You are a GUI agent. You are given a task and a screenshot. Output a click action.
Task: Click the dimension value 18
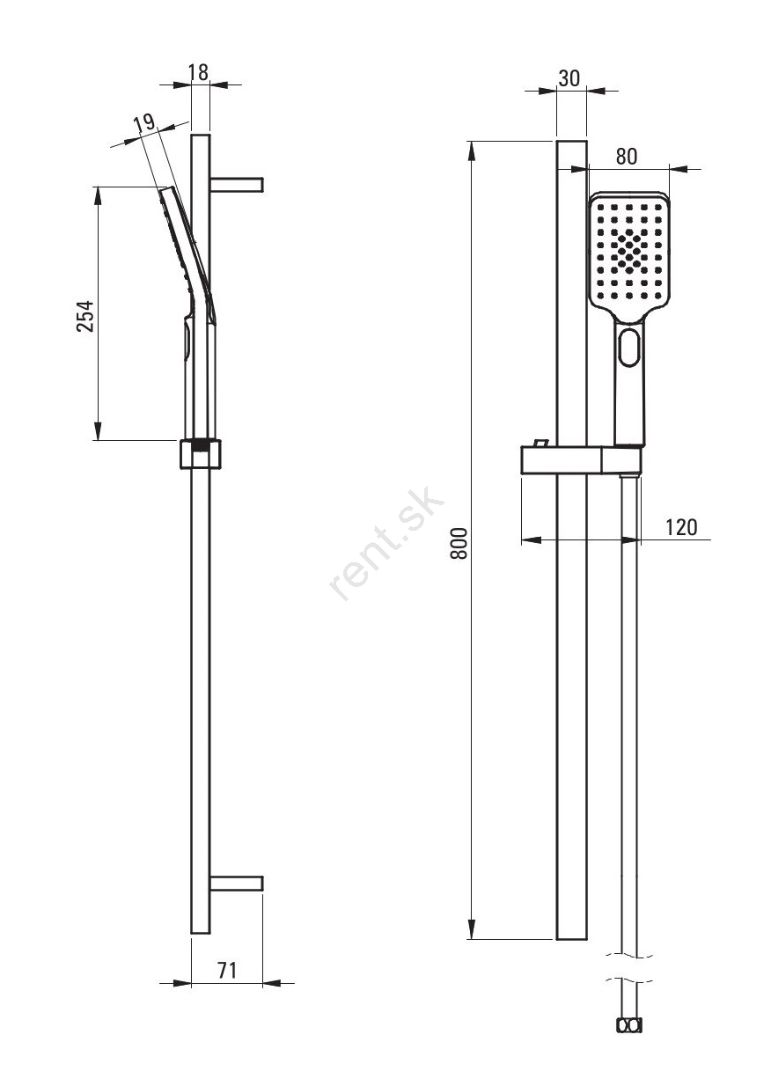point(199,72)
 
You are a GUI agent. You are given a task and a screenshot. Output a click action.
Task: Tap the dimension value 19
point(144,123)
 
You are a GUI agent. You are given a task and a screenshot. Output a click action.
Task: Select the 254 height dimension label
point(85,316)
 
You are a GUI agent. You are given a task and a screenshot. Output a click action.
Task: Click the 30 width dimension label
point(569,78)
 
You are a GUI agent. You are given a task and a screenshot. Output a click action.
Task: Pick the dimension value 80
point(626,156)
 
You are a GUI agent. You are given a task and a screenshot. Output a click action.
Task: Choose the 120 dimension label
point(681,527)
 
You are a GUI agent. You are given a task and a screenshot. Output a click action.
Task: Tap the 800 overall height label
point(459,544)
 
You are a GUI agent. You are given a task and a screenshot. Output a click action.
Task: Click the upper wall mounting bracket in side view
point(237,185)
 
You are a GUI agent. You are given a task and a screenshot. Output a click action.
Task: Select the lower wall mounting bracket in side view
point(237,884)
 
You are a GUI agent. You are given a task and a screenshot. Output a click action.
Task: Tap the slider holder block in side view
point(201,454)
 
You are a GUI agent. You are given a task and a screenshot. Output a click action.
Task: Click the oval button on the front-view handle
point(630,347)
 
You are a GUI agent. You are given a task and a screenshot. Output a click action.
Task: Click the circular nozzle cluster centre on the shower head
point(629,252)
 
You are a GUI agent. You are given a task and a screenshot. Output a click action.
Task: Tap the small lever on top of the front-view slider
point(540,442)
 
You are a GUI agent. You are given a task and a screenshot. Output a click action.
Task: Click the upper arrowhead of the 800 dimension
point(471,151)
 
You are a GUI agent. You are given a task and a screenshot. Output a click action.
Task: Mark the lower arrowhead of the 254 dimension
point(98,430)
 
